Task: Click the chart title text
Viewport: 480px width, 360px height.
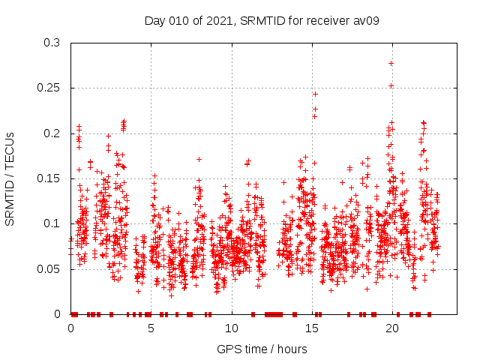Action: [x=262, y=20]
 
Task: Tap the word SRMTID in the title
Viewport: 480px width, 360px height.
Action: [x=259, y=20]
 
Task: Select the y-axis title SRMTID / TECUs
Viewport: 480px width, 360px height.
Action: [x=10, y=178]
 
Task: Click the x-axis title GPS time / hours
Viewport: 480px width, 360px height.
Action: [x=262, y=349]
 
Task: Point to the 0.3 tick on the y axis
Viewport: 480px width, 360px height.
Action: [x=52, y=43]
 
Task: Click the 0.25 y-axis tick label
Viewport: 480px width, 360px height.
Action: [x=49, y=88]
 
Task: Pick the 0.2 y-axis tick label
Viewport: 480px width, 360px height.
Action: [x=52, y=133]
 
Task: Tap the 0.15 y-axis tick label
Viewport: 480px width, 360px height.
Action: [x=49, y=178]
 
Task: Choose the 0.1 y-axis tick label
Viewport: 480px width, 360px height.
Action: [x=52, y=223]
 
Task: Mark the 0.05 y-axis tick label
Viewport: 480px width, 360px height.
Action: [x=49, y=268]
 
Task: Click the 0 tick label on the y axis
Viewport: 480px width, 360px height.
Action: [x=59, y=313]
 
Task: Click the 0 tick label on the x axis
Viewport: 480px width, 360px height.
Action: [x=71, y=328]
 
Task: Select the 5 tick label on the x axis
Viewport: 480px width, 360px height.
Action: [x=151, y=328]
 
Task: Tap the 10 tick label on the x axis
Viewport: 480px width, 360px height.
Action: [x=232, y=328]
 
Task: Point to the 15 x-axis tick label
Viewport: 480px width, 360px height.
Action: [x=312, y=328]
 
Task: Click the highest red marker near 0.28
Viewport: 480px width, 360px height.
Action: [x=391, y=63]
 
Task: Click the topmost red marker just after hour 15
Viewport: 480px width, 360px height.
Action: [x=315, y=94]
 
